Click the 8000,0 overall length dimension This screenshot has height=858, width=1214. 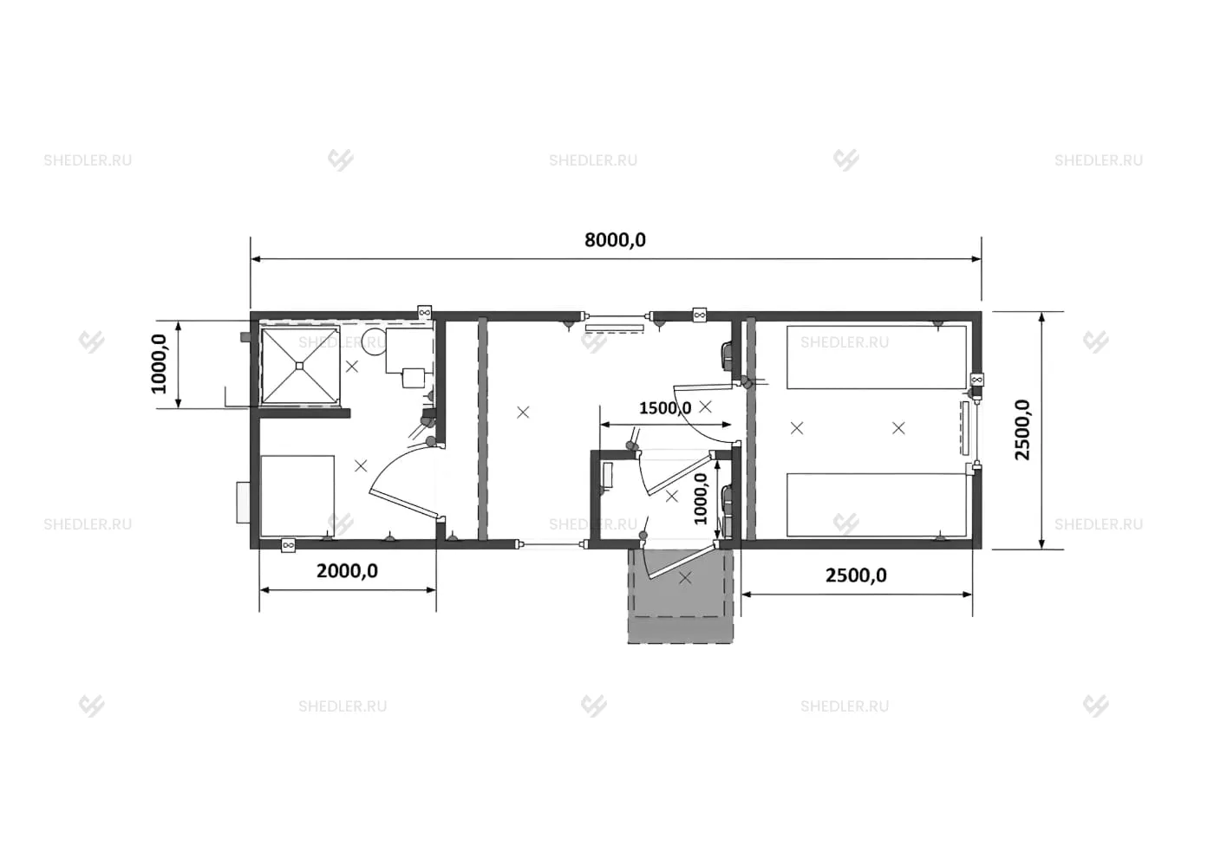[615, 240]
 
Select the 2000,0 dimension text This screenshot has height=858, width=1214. [347, 571]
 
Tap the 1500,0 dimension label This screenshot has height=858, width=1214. [665, 408]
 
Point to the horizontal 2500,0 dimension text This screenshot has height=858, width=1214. [856, 575]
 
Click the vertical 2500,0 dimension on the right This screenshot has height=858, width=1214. [1022, 430]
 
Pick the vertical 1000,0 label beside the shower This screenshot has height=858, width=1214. [159, 364]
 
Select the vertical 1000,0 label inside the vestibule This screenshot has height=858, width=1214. [701, 499]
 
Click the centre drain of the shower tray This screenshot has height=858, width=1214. [300, 366]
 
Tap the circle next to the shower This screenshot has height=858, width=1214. [374, 341]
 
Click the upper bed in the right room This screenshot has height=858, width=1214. [877, 357]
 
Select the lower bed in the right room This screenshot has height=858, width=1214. [877, 505]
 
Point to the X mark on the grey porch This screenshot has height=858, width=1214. [685, 578]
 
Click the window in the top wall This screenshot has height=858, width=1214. [617, 315]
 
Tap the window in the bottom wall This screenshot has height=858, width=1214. [551, 543]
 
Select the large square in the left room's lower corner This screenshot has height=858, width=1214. [297, 496]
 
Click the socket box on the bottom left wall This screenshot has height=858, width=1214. [288, 545]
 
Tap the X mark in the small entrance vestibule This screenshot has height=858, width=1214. [671, 496]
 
